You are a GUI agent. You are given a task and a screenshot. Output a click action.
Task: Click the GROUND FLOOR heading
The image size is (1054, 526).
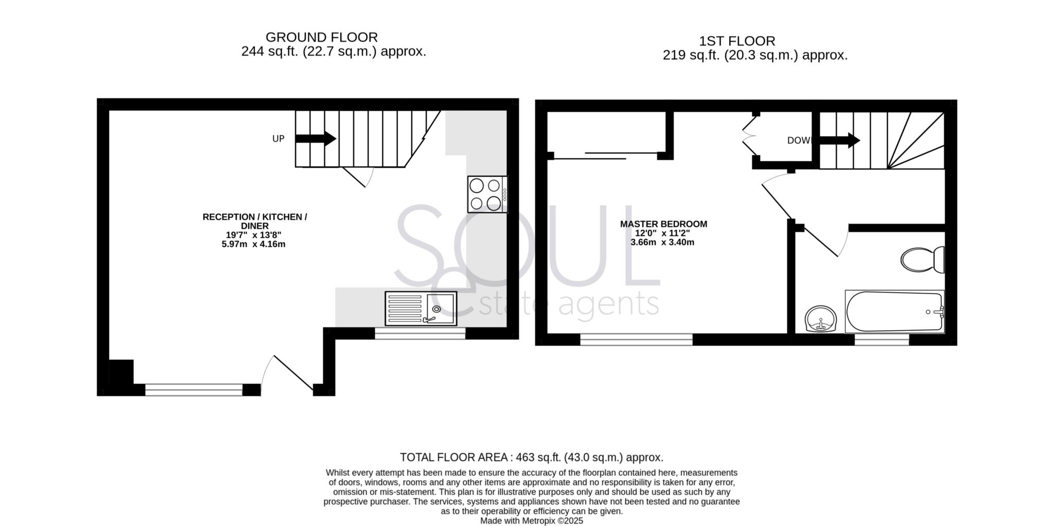click(x=322, y=37)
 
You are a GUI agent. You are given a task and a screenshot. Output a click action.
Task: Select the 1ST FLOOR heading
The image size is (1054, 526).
click(x=737, y=41)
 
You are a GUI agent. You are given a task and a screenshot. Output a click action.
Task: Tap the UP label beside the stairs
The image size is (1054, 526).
click(x=278, y=139)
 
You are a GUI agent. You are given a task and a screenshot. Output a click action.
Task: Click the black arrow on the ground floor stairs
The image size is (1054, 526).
click(x=315, y=139)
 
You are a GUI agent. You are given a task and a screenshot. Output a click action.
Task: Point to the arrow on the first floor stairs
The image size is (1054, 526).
click(x=839, y=140)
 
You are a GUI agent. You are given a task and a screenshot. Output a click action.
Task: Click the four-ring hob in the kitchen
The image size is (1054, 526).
click(x=487, y=194)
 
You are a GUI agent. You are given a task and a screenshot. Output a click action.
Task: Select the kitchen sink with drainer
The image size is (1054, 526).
click(x=420, y=309)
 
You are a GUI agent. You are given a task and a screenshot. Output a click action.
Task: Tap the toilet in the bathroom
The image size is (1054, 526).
click(x=922, y=260)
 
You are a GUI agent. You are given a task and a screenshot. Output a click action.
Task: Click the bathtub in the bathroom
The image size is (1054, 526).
click(x=894, y=312)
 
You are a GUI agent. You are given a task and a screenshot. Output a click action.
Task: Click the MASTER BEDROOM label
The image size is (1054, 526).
click(x=663, y=224)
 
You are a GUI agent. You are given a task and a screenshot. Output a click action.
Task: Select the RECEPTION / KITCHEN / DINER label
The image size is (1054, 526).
click(x=255, y=221)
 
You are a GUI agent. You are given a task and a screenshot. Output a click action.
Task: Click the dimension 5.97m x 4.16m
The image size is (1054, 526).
click(x=253, y=244)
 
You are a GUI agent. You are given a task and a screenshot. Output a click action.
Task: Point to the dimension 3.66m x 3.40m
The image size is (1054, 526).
click(x=662, y=242)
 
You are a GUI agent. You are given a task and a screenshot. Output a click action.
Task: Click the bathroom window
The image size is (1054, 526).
click(x=882, y=340)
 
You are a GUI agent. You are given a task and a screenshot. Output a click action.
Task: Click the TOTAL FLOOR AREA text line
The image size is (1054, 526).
click(x=532, y=457)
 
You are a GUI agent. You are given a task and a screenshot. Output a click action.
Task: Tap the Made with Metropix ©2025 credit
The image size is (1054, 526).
click(x=532, y=521)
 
